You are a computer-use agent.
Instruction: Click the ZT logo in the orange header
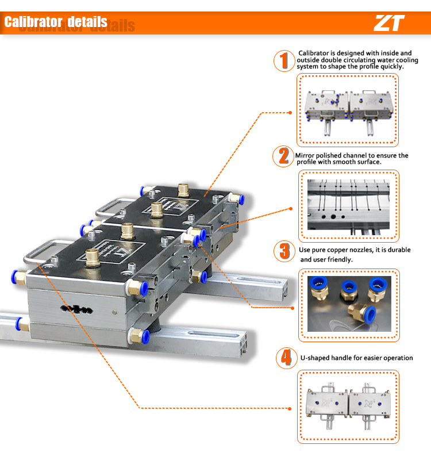tap(389, 23)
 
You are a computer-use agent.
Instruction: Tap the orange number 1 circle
tap(283, 61)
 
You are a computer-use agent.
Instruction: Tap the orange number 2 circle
tap(283, 156)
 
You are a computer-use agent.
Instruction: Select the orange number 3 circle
tap(284, 251)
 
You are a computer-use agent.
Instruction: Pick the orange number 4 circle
tap(284, 358)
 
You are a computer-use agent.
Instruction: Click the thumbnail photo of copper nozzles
tap(348, 305)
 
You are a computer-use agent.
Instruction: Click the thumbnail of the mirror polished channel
tap(348, 206)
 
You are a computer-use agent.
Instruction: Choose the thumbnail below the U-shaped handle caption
tap(348, 406)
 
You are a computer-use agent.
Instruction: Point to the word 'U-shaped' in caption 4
tap(315, 358)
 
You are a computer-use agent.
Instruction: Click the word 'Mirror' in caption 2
tap(306, 155)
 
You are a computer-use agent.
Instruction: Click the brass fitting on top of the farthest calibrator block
tap(185, 189)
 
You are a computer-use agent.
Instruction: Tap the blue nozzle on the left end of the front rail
tap(19, 324)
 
